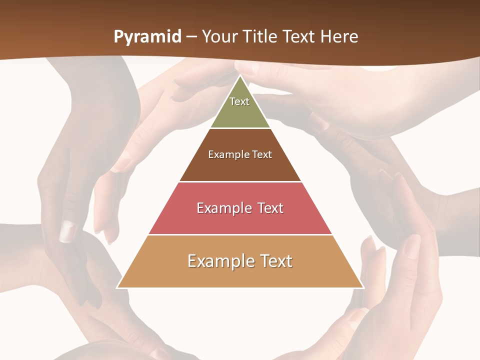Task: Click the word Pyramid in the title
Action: (x=147, y=37)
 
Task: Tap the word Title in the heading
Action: (x=262, y=37)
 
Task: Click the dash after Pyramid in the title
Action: (x=191, y=37)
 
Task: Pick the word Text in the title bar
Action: (x=298, y=37)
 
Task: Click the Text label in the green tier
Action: (x=239, y=101)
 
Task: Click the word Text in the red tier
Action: (x=269, y=208)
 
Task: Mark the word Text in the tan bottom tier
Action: (x=273, y=261)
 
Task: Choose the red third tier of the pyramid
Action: (x=240, y=222)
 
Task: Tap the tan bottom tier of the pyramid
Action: (x=240, y=276)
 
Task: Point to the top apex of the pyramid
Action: (x=240, y=76)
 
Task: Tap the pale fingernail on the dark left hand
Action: (x=67, y=231)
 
